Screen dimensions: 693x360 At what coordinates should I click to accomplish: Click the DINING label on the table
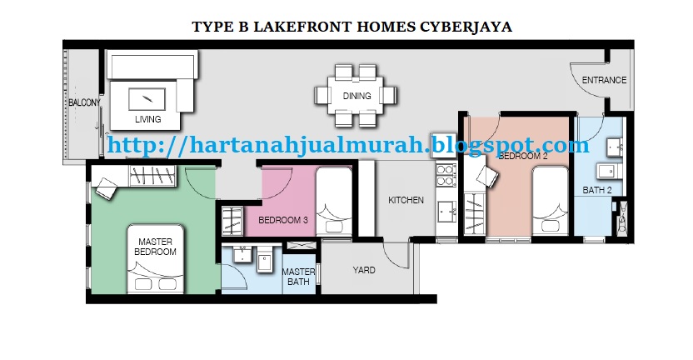tap(356, 96)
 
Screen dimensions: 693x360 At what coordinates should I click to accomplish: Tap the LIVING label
tap(147, 119)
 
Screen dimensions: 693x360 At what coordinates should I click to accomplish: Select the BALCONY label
tap(84, 102)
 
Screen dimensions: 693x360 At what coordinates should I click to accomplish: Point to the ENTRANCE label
tap(604, 80)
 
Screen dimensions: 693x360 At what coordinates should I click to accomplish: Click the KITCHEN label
tap(406, 200)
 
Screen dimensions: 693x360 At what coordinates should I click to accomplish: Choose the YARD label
tap(364, 270)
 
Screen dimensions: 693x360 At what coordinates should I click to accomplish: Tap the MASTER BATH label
tap(298, 277)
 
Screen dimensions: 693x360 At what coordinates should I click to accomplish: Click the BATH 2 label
tap(597, 190)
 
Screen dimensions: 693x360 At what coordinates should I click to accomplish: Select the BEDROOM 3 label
tap(283, 220)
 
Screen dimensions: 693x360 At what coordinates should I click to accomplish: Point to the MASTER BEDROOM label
tap(155, 247)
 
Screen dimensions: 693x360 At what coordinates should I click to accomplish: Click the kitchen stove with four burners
tap(445, 175)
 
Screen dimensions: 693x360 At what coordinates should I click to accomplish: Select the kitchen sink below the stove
tap(446, 212)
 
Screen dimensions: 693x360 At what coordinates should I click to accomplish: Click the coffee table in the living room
tap(147, 99)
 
